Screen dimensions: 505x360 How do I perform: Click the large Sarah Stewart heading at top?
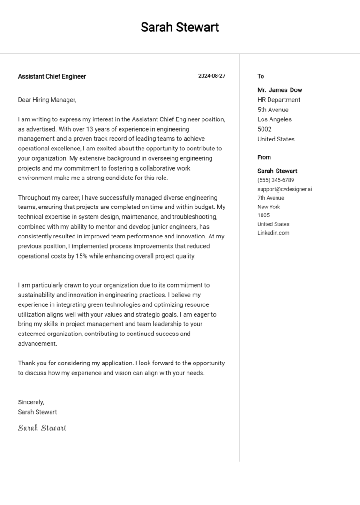[180, 27]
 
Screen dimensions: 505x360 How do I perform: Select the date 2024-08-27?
[211, 76]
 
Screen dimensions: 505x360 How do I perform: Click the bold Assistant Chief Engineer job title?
[52, 76]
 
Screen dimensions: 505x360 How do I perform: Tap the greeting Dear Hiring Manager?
[47, 100]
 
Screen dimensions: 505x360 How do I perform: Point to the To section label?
[261, 76]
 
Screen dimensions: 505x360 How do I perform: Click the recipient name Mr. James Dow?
[280, 90]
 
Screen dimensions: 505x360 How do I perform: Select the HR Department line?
[279, 100]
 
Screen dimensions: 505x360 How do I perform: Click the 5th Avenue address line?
[273, 110]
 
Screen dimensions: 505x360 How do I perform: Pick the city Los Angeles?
[274, 119]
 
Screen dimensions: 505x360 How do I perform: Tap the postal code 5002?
[264, 129]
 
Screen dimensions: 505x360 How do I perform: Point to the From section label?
[264, 157]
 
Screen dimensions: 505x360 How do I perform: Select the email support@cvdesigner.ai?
[285, 189]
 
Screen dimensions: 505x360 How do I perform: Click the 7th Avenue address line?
[270, 198]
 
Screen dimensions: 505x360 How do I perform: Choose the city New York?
[269, 207]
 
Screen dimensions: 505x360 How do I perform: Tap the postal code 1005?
[263, 215]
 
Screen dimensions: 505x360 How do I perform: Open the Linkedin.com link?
[273, 233]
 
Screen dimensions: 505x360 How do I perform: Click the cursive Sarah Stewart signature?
[42, 428]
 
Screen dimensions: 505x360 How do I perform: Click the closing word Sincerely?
[31, 402]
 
